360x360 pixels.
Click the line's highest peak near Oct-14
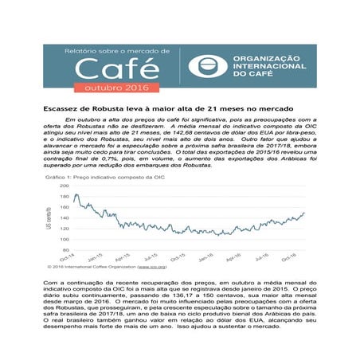pos(76,194)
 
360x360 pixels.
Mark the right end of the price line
pos(305,213)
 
